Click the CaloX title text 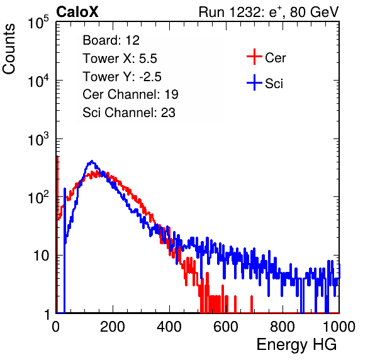tap(77, 12)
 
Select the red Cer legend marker tap(254, 57)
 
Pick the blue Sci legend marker tap(254, 82)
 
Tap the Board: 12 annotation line tap(111, 40)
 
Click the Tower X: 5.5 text tap(120, 59)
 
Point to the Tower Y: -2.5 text tap(122, 77)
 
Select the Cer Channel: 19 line tap(130, 94)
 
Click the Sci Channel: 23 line tap(129, 113)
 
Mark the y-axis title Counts tap(9, 49)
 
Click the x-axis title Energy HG tap(296, 344)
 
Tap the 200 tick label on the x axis tap(113, 327)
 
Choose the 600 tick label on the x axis tap(226, 327)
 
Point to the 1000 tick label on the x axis tap(339, 327)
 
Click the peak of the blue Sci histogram tap(92, 161)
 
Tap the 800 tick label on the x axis tap(283, 327)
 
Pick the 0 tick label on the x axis tap(56, 327)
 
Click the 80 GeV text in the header tap(314, 12)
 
